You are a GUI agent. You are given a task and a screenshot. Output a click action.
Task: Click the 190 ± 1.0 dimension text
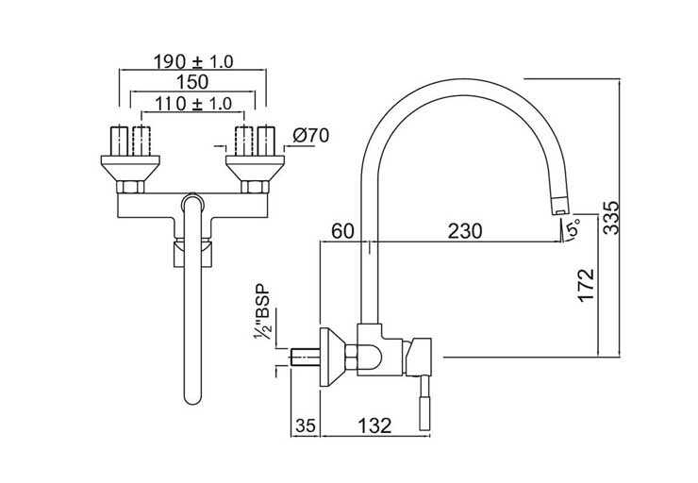[193, 62]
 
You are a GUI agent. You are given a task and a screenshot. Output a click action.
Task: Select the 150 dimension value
[192, 82]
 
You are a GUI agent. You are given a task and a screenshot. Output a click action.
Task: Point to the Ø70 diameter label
[309, 136]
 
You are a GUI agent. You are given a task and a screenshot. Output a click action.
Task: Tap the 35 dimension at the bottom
[304, 425]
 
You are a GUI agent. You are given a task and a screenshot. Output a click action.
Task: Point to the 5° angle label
[571, 227]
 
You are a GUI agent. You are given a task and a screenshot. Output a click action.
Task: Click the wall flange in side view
[329, 357]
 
